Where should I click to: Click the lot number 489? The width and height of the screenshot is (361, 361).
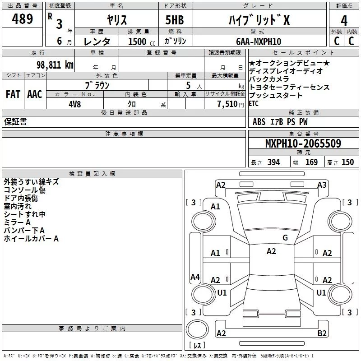click(22, 19)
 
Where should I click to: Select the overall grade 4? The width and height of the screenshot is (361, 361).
click(344, 21)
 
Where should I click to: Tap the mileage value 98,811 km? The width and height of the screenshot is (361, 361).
click(55, 65)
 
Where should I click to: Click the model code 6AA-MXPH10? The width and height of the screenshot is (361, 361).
click(259, 42)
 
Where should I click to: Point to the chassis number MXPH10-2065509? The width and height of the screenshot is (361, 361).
click(303, 143)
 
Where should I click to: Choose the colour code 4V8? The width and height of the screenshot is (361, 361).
click(75, 104)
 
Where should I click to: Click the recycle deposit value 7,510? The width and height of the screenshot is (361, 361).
click(227, 104)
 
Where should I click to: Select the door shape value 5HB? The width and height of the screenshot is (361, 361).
click(175, 20)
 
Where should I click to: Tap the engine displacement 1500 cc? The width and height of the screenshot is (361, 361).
click(142, 42)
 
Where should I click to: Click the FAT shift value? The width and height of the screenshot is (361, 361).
click(13, 94)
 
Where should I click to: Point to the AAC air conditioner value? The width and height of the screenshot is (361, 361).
click(35, 94)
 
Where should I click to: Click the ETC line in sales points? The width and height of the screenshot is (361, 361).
click(254, 104)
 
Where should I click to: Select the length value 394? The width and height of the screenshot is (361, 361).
click(273, 162)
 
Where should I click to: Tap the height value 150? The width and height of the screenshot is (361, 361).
click(347, 162)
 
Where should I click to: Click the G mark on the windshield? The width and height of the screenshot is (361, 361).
click(285, 238)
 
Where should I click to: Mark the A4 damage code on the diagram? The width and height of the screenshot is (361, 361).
click(195, 277)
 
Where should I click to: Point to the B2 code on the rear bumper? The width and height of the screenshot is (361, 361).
click(322, 333)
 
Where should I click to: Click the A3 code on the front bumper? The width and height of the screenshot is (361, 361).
click(322, 185)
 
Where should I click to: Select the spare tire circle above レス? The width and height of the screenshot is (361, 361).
click(197, 329)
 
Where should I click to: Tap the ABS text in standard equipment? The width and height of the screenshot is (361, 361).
click(259, 122)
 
